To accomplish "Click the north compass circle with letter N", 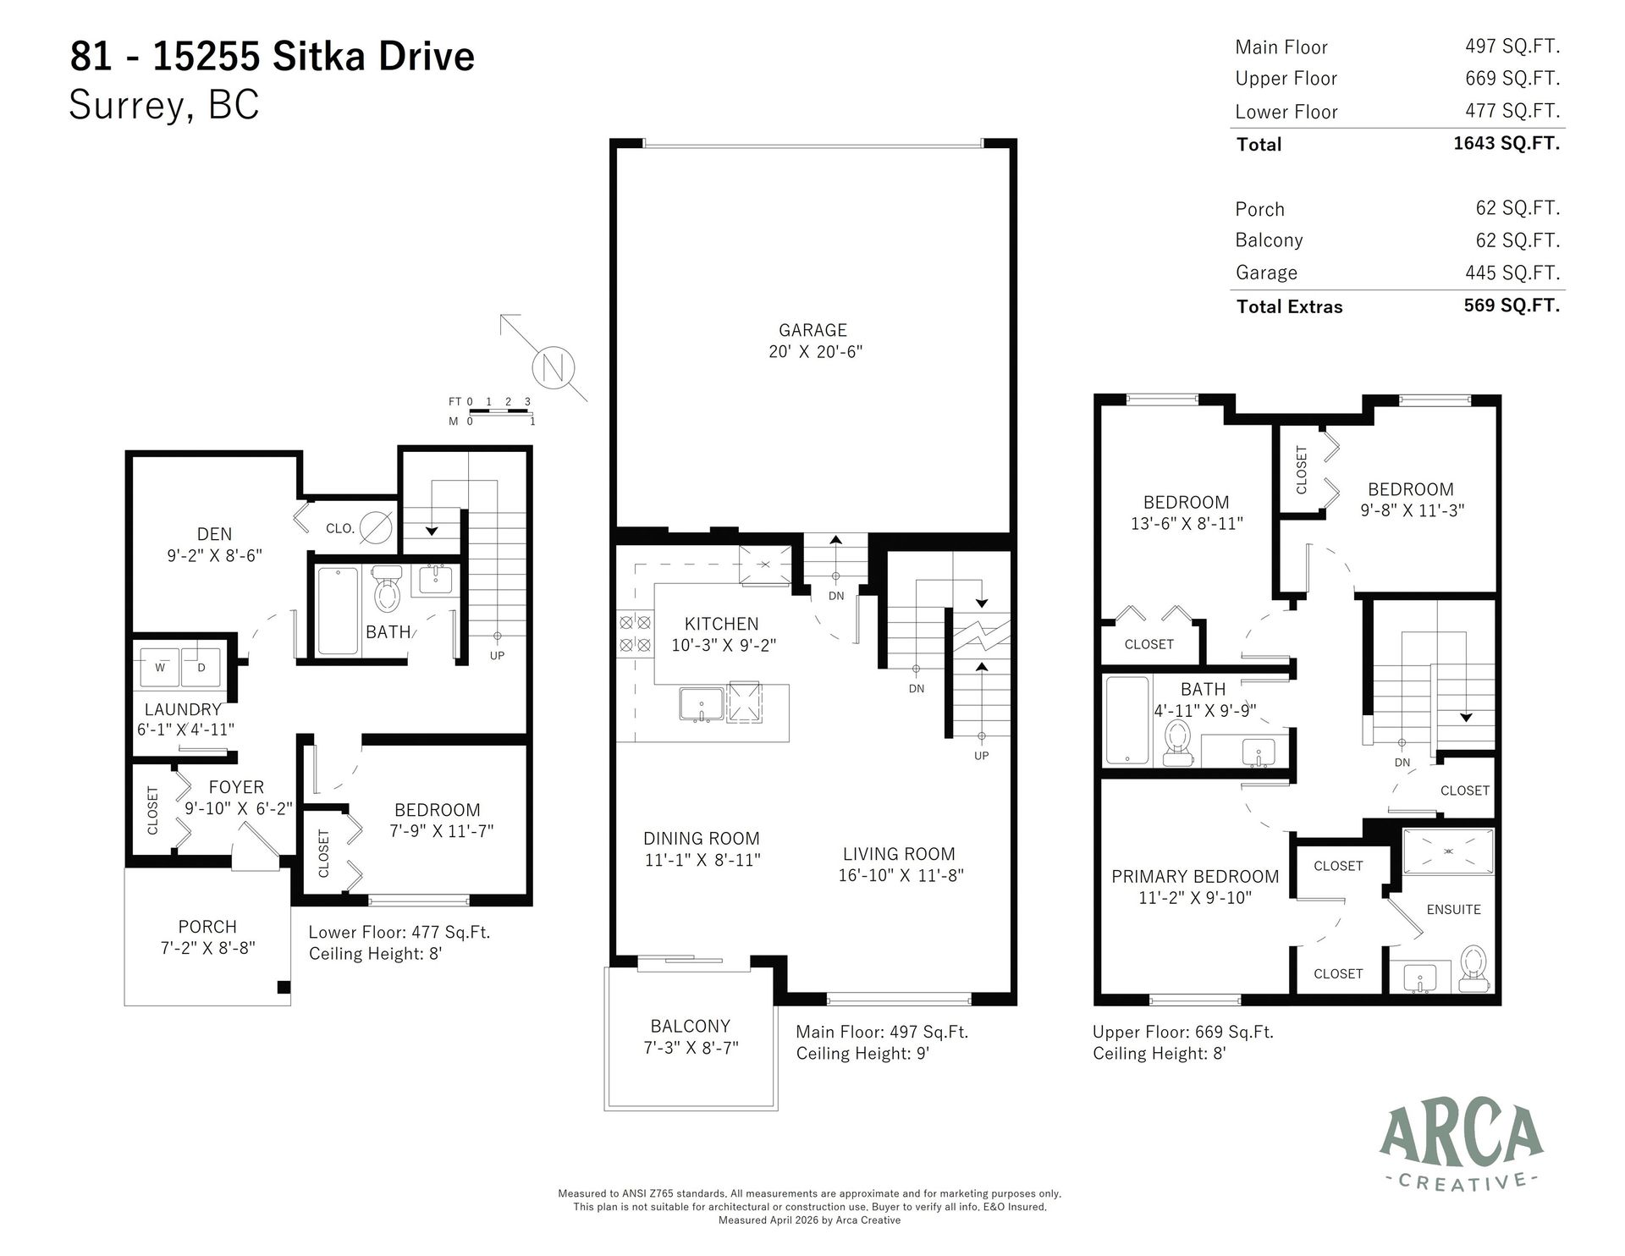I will [554, 367].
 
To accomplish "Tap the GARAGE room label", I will [812, 330].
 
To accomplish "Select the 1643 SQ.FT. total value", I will [1506, 143].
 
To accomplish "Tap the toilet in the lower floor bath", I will [387, 590].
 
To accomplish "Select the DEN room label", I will [214, 534].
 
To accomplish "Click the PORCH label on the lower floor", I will [207, 927].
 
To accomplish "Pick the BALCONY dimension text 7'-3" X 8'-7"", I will [691, 1048].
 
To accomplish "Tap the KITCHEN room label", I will [721, 624].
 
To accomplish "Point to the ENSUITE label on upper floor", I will [1453, 909].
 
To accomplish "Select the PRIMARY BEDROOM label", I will [1194, 876].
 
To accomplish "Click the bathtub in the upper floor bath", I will [1127, 720].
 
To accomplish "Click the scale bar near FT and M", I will [499, 411].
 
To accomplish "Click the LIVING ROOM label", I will [898, 854].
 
